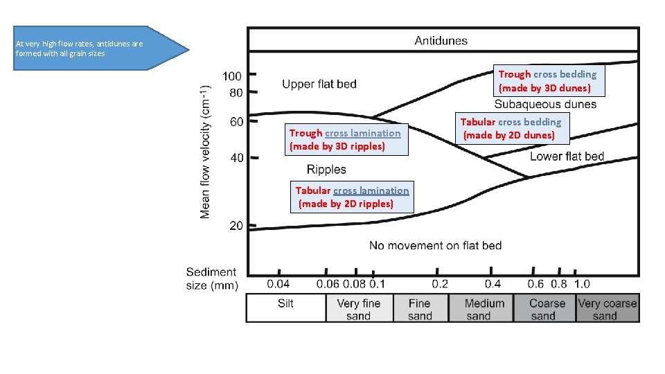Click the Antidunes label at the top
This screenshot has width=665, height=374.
click(441, 40)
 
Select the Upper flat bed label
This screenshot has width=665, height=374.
click(319, 84)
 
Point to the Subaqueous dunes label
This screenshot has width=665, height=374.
click(545, 105)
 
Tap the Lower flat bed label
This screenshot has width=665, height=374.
click(567, 157)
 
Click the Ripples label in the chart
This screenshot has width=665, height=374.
click(326, 170)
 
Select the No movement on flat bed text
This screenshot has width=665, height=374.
click(435, 245)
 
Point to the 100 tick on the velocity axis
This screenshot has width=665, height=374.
click(231, 75)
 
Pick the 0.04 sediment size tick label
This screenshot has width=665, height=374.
click(278, 284)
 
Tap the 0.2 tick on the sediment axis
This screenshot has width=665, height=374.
click(439, 284)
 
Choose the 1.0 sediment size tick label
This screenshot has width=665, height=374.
click(582, 284)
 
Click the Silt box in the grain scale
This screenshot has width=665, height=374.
click(286, 308)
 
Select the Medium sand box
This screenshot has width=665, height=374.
click(484, 309)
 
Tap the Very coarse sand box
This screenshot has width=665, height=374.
click(607, 309)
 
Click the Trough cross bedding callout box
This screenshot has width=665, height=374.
click(547, 81)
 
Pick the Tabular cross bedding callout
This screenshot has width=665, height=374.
click(511, 129)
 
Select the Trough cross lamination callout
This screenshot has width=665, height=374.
click(344, 139)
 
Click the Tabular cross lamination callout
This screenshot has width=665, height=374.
click(351, 197)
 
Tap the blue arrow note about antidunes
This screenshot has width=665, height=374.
click(90, 48)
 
